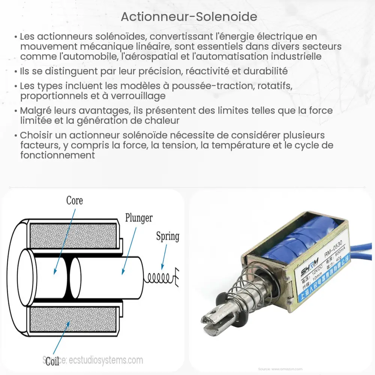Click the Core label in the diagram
click(x=74, y=200)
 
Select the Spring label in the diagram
click(x=167, y=236)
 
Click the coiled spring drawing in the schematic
click(x=159, y=277)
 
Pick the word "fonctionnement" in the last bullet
click(x=57, y=155)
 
